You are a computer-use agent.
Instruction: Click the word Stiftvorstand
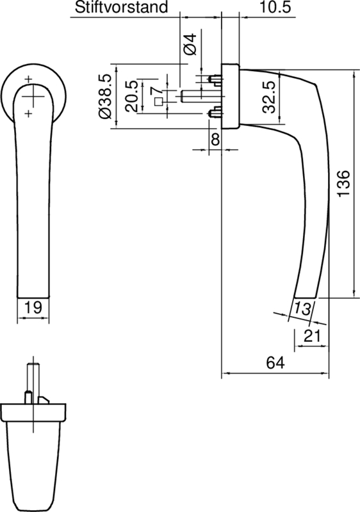(x=122, y=8)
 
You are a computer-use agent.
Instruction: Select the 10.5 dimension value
(x=276, y=8)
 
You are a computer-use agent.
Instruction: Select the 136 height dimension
(x=343, y=183)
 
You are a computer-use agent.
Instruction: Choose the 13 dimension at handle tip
(x=304, y=308)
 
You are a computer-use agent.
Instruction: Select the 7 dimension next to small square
(x=156, y=95)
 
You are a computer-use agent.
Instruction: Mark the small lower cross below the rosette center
(x=28, y=114)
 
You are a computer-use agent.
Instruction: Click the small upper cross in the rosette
(x=28, y=79)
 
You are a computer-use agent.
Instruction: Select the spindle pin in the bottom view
(x=32, y=378)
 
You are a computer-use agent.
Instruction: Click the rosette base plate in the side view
(x=230, y=96)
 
